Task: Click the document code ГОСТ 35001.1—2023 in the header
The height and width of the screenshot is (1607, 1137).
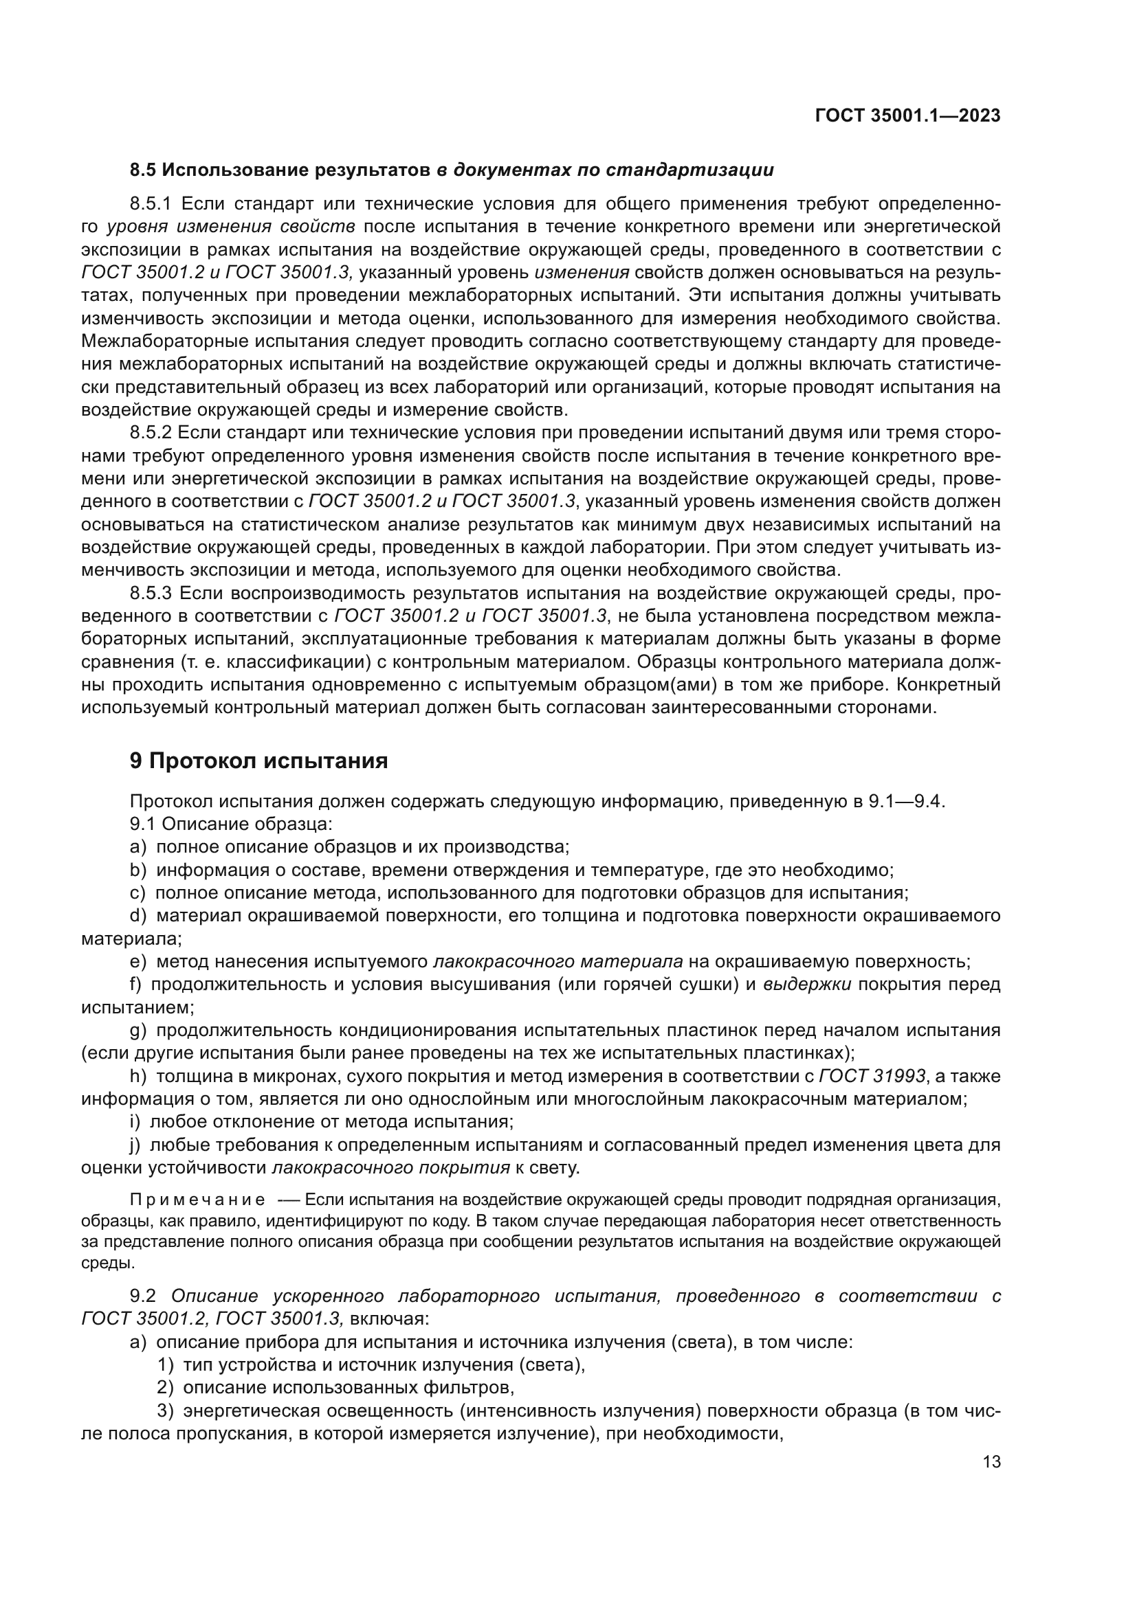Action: [907, 116]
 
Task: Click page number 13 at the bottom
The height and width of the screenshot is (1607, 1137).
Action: [991, 1462]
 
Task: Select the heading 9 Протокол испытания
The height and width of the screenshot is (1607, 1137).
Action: [258, 761]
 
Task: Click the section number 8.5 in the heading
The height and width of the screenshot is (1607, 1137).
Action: [144, 170]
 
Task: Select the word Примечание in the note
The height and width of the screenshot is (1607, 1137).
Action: [197, 1200]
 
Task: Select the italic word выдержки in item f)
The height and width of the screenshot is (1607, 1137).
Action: [806, 985]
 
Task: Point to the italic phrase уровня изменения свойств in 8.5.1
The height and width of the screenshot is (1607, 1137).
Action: [231, 227]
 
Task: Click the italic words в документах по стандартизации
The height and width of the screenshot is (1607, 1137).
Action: [606, 170]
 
